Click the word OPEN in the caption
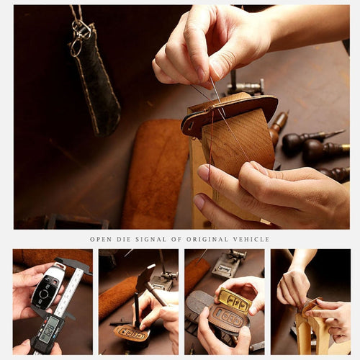point(101,239)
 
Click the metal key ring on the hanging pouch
point(79,32)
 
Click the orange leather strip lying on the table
point(154,173)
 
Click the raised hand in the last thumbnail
point(294,285)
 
